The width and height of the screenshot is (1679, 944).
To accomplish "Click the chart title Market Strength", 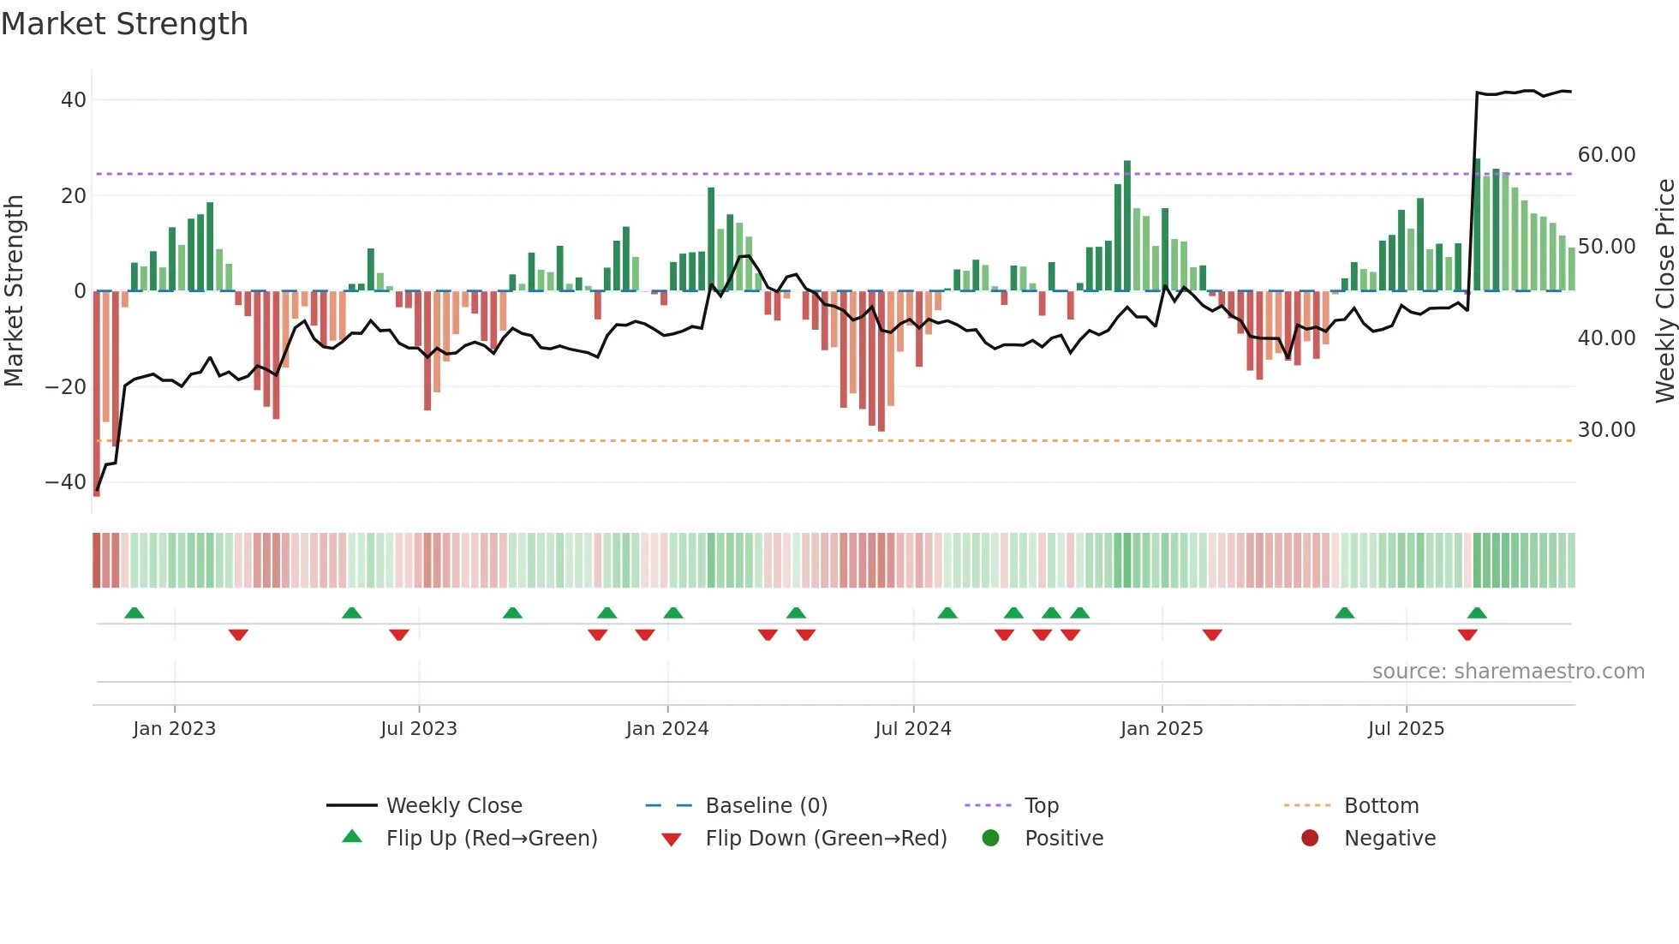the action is click(124, 24).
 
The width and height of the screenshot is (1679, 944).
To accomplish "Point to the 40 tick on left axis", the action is click(74, 100).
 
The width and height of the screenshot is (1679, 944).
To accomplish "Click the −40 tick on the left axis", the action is click(66, 482).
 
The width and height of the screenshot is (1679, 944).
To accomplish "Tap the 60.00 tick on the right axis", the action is click(1606, 155).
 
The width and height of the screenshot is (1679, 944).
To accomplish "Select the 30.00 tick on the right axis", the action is click(1606, 430).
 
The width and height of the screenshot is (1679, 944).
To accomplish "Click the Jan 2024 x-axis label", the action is click(666, 729).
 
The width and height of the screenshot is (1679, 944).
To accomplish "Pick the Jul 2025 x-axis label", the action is click(1405, 729).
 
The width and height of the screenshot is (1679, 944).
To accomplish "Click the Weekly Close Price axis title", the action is click(1664, 291).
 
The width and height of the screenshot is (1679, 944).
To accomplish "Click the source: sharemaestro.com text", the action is click(1508, 672).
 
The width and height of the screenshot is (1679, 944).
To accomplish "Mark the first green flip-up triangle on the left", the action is click(134, 612).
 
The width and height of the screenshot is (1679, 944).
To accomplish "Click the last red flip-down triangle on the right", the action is click(1467, 635).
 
